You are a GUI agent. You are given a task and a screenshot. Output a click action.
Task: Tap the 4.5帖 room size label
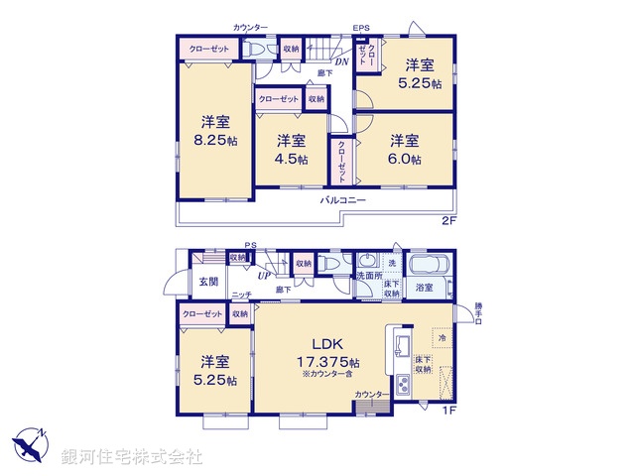(292, 159)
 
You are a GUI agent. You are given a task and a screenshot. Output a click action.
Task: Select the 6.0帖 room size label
(404, 159)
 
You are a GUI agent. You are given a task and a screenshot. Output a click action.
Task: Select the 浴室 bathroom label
(425, 287)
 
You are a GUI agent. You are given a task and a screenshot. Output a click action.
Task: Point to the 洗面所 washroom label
(368, 276)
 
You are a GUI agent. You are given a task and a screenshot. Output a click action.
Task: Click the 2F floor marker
(447, 220)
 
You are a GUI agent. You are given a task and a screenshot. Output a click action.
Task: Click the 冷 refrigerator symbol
(442, 339)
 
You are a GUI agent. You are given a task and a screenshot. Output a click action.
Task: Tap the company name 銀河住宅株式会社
(131, 457)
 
